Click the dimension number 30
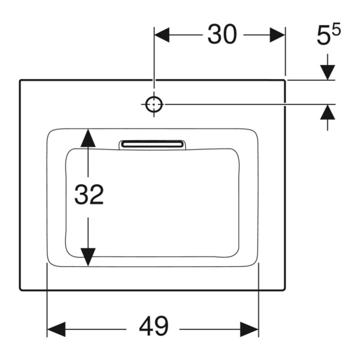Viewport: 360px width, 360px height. [x=222, y=34]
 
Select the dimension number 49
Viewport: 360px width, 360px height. [x=154, y=326]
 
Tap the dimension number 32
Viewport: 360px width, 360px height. [x=89, y=194]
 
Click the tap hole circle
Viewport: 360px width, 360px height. [x=154, y=104]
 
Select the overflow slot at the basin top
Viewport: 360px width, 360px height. [x=152, y=144]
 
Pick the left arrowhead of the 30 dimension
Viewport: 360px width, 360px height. [x=162, y=35]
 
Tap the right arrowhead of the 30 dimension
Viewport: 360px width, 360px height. [x=277, y=35]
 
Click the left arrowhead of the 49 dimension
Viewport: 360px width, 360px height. [x=56, y=329]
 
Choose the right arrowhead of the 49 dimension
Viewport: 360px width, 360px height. [x=249, y=329]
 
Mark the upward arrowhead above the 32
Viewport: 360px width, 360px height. [x=88, y=138]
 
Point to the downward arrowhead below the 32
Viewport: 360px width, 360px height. [x=88, y=257]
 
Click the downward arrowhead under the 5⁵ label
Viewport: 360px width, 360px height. [x=327, y=72]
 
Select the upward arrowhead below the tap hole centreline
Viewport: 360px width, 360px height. [x=327, y=112]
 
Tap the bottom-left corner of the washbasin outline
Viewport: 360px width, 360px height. [x=20, y=289]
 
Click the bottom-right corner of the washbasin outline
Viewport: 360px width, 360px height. [x=284, y=289]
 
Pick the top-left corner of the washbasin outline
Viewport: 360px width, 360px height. [x=20, y=80]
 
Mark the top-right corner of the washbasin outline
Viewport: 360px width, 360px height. [x=284, y=80]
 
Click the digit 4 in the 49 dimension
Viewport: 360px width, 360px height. [x=146, y=326]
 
